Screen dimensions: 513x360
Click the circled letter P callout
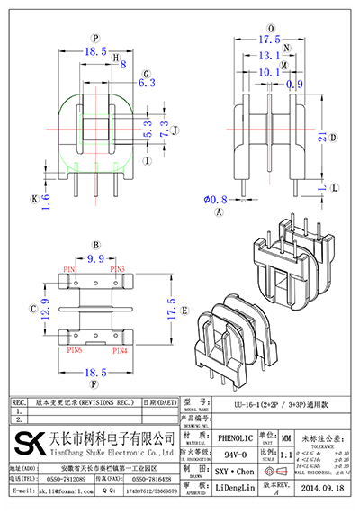[96, 38]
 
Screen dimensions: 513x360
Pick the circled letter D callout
[333, 138]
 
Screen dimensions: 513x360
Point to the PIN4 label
[119, 350]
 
